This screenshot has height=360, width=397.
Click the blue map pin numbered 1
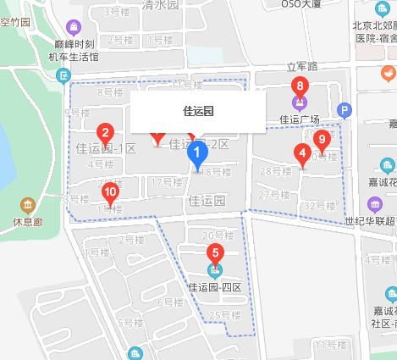pyautogui.click(x=197, y=155)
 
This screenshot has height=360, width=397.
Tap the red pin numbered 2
pyautogui.click(x=106, y=133)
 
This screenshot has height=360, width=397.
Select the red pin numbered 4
pyautogui.click(x=301, y=154)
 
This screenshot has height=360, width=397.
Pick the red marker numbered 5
pyautogui.click(x=215, y=253)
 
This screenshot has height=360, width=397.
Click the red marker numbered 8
pyautogui.click(x=298, y=86)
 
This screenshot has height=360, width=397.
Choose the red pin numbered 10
pyautogui.click(x=110, y=192)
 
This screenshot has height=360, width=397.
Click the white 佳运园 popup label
pyautogui.click(x=198, y=111)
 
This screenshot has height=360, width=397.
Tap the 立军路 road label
pyautogui.click(x=301, y=66)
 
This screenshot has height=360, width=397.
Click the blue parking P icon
pyautogui.click(x=344, y=109)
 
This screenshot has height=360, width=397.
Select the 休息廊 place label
pyautogui.click(x=27, y=224)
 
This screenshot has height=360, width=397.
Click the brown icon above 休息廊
pyautogui.click(x=27, y=206)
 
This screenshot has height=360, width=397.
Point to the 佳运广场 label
pyautogui.click(x=298, y=119)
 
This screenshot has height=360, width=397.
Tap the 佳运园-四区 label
pyautogui.click(x=215, y=286)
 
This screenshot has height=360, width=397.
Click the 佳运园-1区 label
pyautogui.click(x=106, y=148)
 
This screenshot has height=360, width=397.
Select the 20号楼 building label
pyautogui.click(x=218, y=235)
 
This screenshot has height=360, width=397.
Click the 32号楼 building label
pyautogui.click(x=320, y=205)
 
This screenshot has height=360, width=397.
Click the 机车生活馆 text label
pyautogui.click(x=73, y=57)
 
